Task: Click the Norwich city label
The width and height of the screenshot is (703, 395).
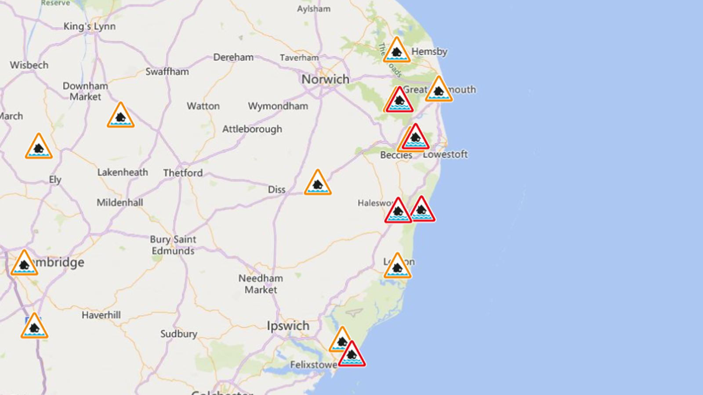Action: pyautogui.click(x=325, y=79)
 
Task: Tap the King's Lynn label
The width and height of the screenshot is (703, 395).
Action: pyautogui.click(x=89, y=26)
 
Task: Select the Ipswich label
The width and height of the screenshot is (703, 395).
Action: pyautogui.click(x=288, y=326)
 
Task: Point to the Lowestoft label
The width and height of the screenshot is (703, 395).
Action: pyautogui.click(x=446, y=154)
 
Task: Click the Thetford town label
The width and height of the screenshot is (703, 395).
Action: pyautogui.click(x=183, y=173)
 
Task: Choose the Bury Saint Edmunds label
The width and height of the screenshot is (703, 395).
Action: pyautogui.click(x=173, y=245)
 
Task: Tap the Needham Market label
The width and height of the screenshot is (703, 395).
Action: pyautogui.click(x=261, y=284)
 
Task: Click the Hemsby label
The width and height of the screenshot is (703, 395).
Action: pyautogui.click(x=429, y=51)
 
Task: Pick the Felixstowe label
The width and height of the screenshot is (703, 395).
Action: pyautogui.click(x=313, y=365)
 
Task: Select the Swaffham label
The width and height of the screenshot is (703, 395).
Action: pyautogui.click(x=167, y=72)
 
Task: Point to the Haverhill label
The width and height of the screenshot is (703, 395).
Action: pyautogui.click(x=101, y=315)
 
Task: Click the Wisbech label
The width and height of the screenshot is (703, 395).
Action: pyautogui.click(x=29, y=65)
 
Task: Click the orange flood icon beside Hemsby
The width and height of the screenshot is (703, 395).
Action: pyautogui.click(x=396, y=51)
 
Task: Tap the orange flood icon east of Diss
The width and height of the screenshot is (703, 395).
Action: pyautogui.click(x=318, y=183)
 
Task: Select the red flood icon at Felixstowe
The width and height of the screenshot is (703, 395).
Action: pyautogui.click(x=351, y=355)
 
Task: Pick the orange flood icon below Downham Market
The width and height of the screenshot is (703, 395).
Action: pyautogui.click(x=120, y=116)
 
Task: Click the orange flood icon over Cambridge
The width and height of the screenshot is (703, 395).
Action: pyautogui.click(x=24, y=264)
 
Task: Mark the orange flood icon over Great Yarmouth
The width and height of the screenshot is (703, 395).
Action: pyautogui.click(x=438, y=90)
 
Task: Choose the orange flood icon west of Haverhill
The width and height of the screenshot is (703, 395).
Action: pyautogui.click(x=34, y=327)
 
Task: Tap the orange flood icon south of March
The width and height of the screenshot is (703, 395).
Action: pyautogui.click(x=39, y=147)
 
